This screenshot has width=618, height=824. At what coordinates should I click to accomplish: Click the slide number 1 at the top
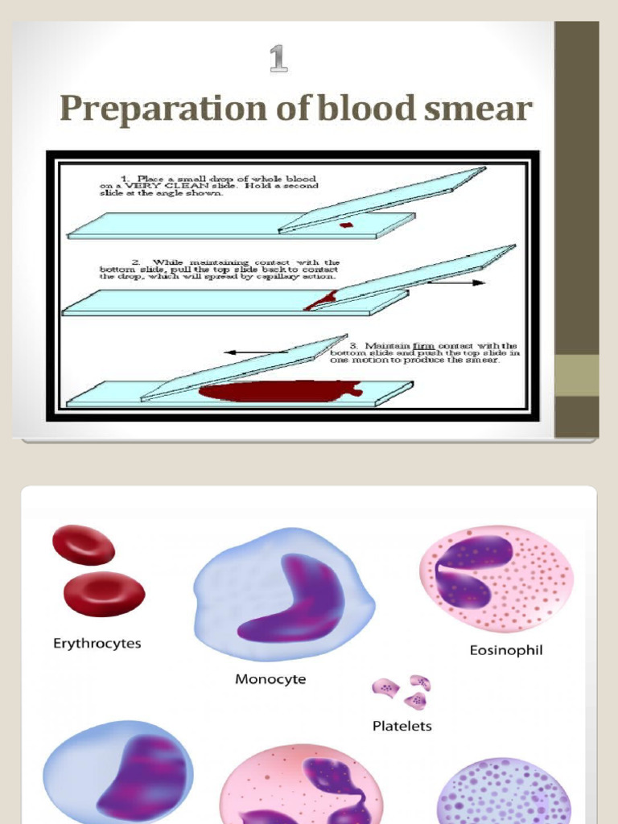(x=278, y=60)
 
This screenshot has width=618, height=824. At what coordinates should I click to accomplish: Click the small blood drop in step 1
(x=346, y=225)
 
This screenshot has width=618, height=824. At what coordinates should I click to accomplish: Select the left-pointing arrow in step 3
(x=256, y=352)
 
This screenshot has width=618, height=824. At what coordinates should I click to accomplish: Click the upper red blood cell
(x=84, y=545)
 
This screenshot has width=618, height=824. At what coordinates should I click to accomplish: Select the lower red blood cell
(x=104, y=593)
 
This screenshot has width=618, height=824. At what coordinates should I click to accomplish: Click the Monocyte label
(x=270, y=679)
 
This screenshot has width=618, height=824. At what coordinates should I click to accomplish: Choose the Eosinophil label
(x=506, y=649)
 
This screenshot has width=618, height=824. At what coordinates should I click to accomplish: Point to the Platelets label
(x=402, y=726)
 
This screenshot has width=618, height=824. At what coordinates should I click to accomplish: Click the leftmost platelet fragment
(x=385, y=688)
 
